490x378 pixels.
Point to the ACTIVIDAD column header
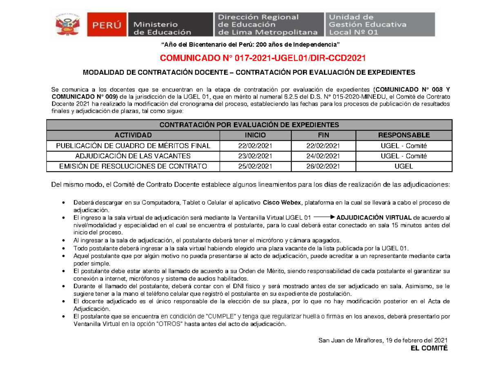(x=133, y=135)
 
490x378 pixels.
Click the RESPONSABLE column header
(x=403, y=135)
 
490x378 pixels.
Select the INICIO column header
(x=256, y=135)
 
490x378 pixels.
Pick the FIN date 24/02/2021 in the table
(x=323, y=156)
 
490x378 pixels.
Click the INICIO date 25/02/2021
(x=256, y=166)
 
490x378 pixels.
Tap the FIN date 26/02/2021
(x=323, y=166)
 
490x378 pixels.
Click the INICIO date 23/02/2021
(x=256, y=156)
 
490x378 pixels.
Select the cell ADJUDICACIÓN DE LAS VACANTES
(x=133, y=156)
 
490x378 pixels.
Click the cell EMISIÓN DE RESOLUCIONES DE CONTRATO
(x=133, y=166)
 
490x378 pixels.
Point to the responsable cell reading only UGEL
(x=403, y=166)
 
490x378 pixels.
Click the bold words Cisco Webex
(x=281, y=203)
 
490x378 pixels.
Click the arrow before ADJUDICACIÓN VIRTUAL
(x=325, y=217)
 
